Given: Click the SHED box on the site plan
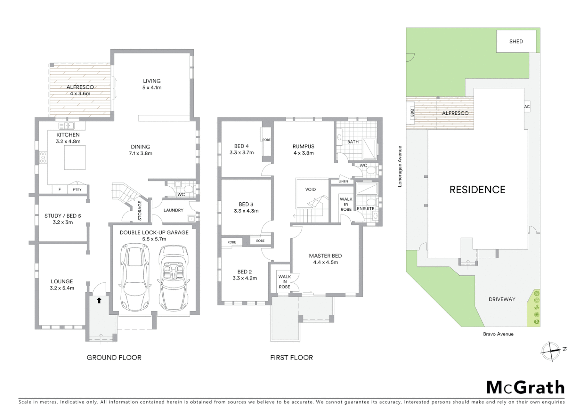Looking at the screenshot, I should click(516, 41).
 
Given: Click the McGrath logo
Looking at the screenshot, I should click(525, 387).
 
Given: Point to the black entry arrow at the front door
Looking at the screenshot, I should click(99, 301).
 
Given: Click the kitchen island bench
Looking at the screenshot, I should click(75, 157).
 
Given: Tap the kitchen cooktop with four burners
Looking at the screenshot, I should click(43, 157).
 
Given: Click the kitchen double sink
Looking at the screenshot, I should click(67, 125).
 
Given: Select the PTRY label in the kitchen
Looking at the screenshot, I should click(77, 190).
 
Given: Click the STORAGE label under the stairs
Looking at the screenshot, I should click(140, 211).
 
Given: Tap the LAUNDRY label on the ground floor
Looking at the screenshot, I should click(173, 210).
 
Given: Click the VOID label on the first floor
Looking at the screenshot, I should click(310, 189).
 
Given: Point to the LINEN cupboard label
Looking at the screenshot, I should click(343, 181).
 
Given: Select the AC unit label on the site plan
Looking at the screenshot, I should click(527, 107).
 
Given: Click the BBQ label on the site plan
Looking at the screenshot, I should click(412, 113).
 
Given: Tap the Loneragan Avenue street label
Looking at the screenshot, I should click(400, 166).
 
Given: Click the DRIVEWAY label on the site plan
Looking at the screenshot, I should click(502, 299).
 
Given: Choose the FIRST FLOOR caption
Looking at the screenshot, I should click(291, 358).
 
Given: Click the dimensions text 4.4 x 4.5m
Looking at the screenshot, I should click(325, 262).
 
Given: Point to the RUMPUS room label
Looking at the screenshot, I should click(303, 146).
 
